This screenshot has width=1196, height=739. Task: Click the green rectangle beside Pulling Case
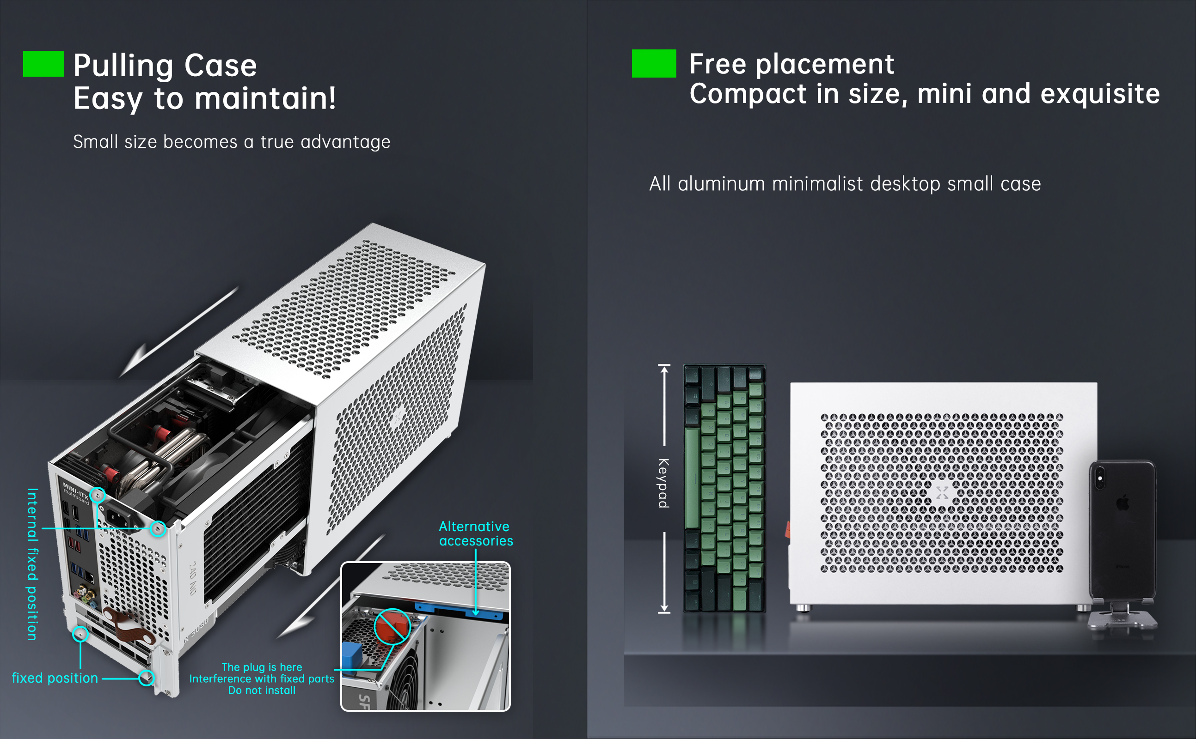pos(43,64)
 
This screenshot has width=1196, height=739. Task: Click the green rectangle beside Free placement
pos(654,64)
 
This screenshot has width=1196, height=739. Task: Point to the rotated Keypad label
pos(663,483)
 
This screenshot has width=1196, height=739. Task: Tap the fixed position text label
pos(55,678)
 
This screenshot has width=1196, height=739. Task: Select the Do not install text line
pos(262,690)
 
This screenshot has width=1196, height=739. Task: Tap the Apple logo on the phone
pos(1123,503)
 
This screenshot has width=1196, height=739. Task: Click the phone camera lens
pos(1100,478)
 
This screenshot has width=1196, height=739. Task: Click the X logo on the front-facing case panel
pos(942,492)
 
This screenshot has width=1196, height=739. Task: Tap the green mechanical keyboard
pos(724,488)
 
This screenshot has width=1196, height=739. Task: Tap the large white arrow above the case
pos(178,333)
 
